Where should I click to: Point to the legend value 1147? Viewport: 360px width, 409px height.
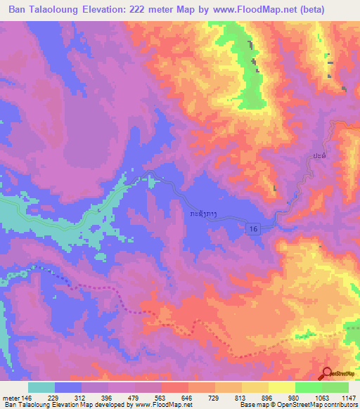click(x=348, y=397)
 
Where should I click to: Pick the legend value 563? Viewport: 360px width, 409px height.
click(x=161, y=397)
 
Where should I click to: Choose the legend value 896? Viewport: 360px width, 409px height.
click(x=268, y=397)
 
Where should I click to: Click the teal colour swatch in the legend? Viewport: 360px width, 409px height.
click(x=41, y=387)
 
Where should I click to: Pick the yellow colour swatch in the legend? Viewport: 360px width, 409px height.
click(x=281, y=387)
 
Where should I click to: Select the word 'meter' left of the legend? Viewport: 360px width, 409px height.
click(x=11, y=397)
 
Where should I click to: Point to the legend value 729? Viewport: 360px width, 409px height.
click(x=214, y=397)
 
